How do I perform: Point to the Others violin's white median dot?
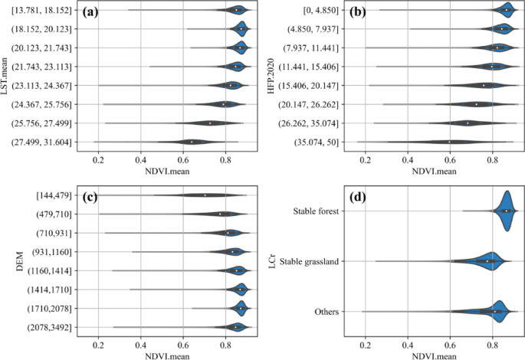tap(495, 312)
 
